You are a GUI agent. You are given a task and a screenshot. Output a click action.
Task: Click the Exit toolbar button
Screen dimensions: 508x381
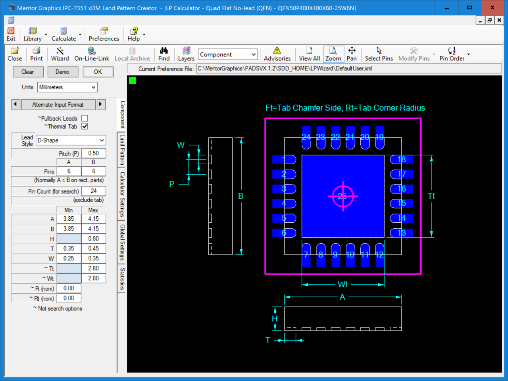(11, 34)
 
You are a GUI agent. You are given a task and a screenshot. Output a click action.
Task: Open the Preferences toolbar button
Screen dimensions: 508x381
(104, 34)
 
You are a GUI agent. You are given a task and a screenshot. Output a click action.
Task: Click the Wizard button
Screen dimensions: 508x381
(60, 54)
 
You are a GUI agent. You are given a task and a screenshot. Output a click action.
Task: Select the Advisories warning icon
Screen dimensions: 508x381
(277, 50)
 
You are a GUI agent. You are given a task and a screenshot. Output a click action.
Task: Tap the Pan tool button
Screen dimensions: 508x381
(352, 54)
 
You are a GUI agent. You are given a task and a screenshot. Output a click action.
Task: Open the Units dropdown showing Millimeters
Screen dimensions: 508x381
(67, 87)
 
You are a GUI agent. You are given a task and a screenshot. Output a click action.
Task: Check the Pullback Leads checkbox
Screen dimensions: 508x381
(85, 118)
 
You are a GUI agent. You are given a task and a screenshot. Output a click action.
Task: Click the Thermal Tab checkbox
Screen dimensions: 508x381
(85, 126)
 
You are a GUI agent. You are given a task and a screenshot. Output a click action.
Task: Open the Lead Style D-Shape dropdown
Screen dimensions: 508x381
(71, 140)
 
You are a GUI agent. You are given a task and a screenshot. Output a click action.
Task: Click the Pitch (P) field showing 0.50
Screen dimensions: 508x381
(94, 153)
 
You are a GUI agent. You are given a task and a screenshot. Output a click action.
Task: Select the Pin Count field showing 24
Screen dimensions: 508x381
(94, 191)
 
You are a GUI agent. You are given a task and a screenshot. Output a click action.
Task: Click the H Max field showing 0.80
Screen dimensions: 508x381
(94, 239)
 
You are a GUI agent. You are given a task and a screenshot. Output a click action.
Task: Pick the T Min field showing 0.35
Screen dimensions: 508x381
(69, 248)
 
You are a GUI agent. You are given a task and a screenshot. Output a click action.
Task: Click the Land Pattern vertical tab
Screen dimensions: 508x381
(122, 150)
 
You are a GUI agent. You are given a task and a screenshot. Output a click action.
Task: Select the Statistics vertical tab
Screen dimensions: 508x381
(122, 279)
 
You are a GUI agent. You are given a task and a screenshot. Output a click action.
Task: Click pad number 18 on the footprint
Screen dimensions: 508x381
(402, 160)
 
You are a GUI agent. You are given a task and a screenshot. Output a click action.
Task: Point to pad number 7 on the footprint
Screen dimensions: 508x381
(306, 255)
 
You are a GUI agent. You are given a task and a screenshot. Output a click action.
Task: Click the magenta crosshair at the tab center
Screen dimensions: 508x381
(343, 196)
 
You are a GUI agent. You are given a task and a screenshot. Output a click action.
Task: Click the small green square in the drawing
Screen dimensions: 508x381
(133, 81)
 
